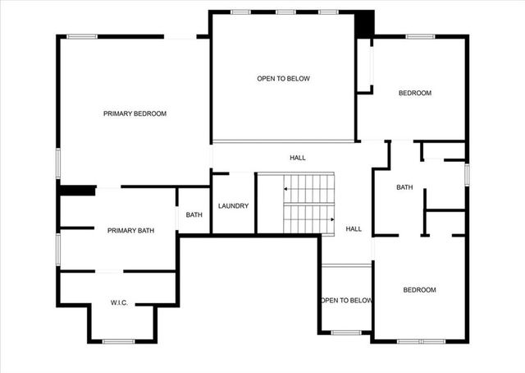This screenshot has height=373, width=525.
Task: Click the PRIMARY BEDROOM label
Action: click(x=135, y=113)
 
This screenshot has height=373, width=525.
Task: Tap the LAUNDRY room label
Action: click(x=233, y=205)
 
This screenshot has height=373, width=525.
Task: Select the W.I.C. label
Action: click(x=119, y=303)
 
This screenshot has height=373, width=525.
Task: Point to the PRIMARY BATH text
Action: click(x=130, y=231)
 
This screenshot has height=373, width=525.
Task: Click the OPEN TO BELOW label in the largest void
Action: click(x=283, y=79)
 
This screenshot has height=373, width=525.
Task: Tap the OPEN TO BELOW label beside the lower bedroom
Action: click(x=346, y=301)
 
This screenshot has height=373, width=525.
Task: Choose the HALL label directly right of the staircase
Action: click(x=354, y=229)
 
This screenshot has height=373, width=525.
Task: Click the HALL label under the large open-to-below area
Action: click(x=297, y=157)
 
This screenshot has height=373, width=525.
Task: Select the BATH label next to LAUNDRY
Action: click(x=194, y=215)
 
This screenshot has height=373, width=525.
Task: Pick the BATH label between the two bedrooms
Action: click(x=404, y=187)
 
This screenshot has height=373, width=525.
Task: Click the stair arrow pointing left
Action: click(x=286, y=189)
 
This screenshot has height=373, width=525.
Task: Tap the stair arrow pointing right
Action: click(x=331, y=219)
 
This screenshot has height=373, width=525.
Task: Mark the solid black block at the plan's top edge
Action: click(x=364, y=23)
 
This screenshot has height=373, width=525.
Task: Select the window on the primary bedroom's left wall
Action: click(x=57, y=161)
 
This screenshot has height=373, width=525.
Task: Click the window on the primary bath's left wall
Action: click(x=57, y=248)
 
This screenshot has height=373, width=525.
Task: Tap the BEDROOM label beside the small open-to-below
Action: click(x=419, y=290)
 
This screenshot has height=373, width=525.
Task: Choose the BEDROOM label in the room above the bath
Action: click(x=414, y=93)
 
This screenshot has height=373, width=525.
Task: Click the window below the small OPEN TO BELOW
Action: click(x=346, y=332)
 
